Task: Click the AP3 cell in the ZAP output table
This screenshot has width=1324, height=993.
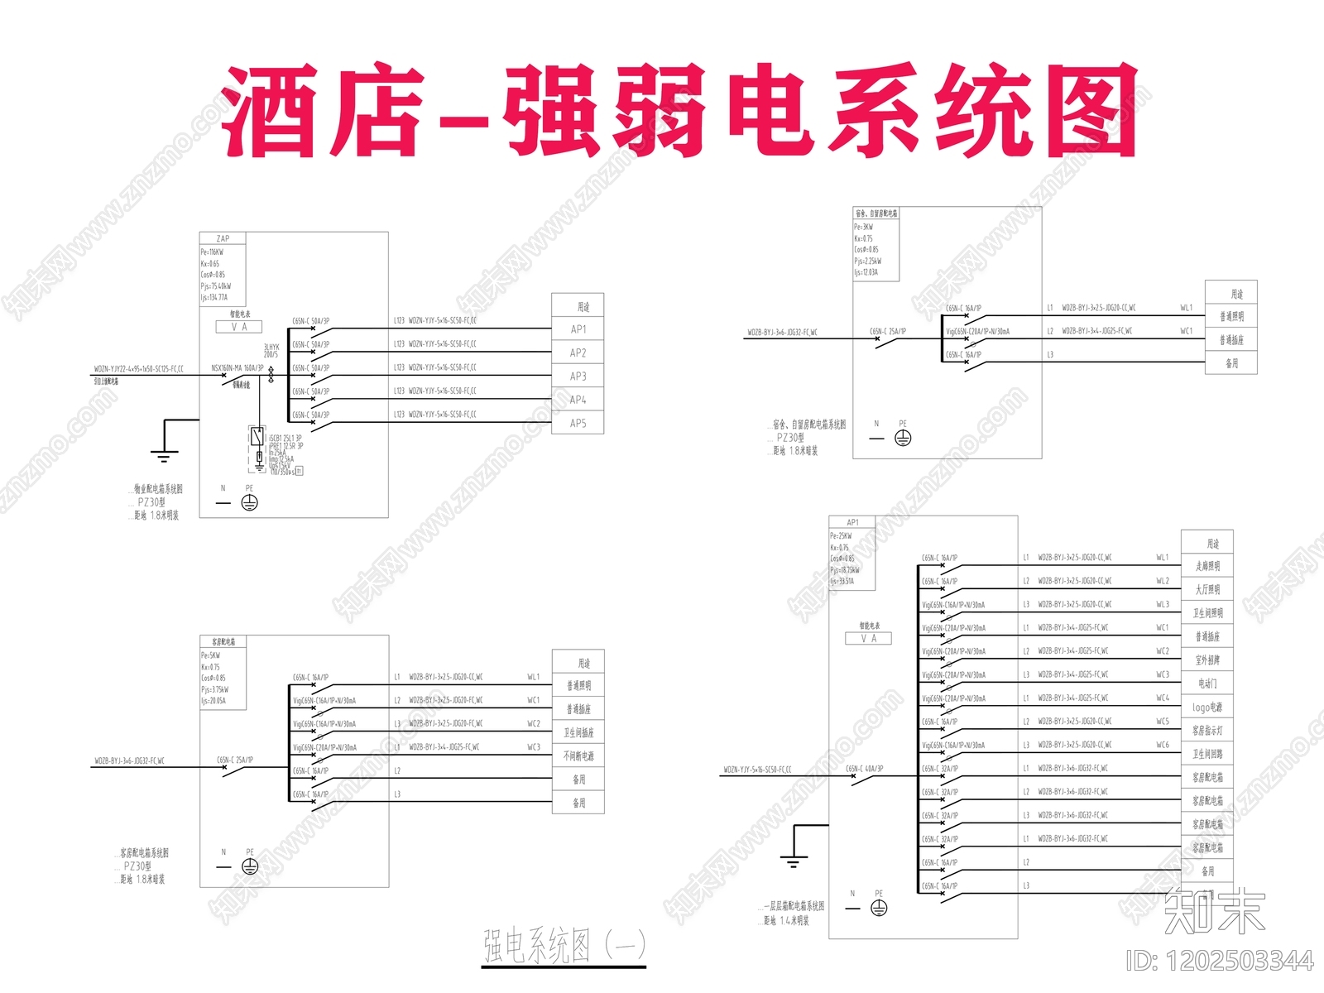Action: coord(578,377)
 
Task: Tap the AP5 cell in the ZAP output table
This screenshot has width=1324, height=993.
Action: coord(578,423)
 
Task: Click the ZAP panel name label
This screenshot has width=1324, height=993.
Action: coord(223,238)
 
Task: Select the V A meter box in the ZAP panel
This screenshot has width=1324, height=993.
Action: coord(239,327)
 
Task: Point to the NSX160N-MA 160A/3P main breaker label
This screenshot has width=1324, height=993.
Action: coord(237,368)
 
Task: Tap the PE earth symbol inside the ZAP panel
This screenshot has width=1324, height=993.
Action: coord(249,502)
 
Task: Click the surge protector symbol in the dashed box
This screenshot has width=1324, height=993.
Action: coord(257,437)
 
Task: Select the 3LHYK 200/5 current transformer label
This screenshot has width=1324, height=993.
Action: coord(271,350)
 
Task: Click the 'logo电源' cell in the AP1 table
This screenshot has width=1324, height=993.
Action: coord(1206,708)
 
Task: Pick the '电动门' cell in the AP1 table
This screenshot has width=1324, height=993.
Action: coord(1206,684)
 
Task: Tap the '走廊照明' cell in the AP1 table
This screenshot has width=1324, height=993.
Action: coord(1206,566)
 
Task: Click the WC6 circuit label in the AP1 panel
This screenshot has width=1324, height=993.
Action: coord(1163,745)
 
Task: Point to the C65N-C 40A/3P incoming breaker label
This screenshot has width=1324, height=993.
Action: coord(864,769)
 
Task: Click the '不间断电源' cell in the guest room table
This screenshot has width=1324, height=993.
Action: coord(578,756)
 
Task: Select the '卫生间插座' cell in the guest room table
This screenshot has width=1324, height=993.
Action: coord(578,732)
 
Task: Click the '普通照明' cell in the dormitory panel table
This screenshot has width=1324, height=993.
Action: coord(1231,316)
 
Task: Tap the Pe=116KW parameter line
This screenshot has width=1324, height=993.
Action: coord(212,252)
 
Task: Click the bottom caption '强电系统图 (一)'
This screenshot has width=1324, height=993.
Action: coord(564,946)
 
